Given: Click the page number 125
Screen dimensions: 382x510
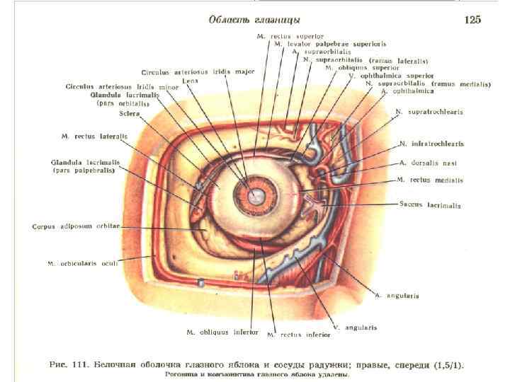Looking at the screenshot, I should (472, 20).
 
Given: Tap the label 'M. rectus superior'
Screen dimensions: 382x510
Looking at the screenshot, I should (290, 36).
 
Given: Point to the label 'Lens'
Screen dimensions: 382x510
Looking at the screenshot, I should (189, 81).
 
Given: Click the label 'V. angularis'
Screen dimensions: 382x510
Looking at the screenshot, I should (356, 328).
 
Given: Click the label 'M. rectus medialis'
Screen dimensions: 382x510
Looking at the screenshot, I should (429, 180).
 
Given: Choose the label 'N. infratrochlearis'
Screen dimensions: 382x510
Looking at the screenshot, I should (431, 144).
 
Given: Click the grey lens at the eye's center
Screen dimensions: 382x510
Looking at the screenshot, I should (254, 190).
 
